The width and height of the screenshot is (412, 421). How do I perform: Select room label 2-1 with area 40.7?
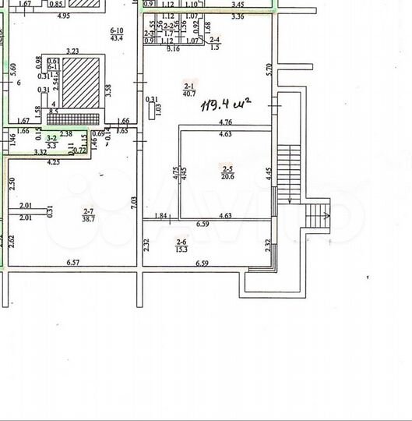[189, 90]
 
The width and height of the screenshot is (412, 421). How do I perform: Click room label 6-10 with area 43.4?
[119, 34]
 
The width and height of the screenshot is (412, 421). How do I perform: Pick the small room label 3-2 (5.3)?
[51, 141]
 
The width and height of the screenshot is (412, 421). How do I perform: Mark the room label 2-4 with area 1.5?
[216, 43]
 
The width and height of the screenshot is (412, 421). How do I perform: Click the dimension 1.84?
[161, 216]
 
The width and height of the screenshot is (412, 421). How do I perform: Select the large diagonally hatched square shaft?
[81, 83]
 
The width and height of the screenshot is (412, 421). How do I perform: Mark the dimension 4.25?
[54, 162]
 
